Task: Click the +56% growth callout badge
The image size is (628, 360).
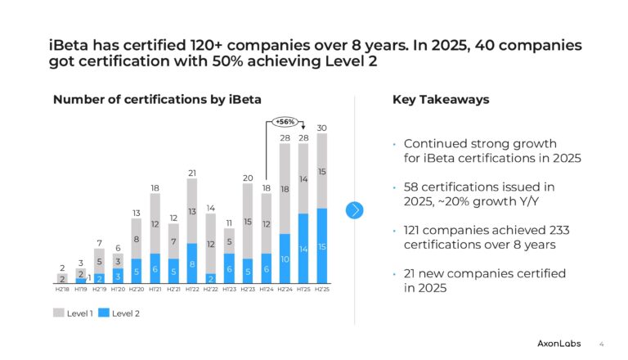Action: pyautogui.click(x=285, y=121)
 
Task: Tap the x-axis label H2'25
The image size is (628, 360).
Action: pyautogui.click(x=321, y=289)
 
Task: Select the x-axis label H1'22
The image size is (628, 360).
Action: pyautogui.click(x=191, y=289)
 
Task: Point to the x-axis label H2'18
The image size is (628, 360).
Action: pyautogui.click(x=62, y=289)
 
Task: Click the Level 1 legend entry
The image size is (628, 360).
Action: pyautogui.click(x=76, y=313)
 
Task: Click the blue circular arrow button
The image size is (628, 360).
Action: pyautogui.click(x=354, y=210)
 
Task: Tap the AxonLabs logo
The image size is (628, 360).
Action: pyautogui.click(x=559, y=344)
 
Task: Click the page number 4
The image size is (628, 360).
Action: pyautogui.click(x=602, y=344)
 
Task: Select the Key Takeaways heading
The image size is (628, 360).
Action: pyautogui.click(x=441, y=100)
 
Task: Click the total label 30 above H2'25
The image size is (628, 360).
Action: pyautogui.click(x=321, y=127)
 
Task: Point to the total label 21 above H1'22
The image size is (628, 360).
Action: pyautogui.click(x=191, y=173)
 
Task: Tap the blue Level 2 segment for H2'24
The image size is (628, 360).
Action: pyautogui.click(x=285, y=259)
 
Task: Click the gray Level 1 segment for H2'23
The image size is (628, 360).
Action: pyautogui.click(x=248, y=221)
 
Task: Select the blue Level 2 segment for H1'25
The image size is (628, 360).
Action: pyautogui.click(x=303, y=248)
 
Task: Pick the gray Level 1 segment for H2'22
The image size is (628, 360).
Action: pyautogui.click(x=210, y=244)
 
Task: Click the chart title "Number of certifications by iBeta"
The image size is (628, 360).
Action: pyautogui.click(x=157, y=100)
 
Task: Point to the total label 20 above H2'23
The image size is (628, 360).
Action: pyautogui.click(x=248, y=178)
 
